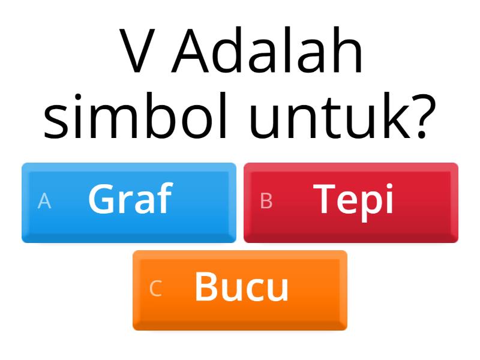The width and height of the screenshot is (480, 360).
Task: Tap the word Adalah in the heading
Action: pyautogui.click(x=268, y=53)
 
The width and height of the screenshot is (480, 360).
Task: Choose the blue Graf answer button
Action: pyautogui.click(x=129, y=203)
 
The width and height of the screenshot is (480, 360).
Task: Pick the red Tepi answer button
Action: pyautogui.click(x=351, y=203)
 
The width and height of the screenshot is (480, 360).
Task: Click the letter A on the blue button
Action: pyautogui.click(x=44, y=202)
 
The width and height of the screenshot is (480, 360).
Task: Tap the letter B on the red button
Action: pyautogui.click(x=266, y=202)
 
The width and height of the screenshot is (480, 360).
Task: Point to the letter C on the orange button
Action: pyautogui.click(x=155, y=289)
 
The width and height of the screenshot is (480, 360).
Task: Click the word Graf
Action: pyautogui.click(x=130, y=199)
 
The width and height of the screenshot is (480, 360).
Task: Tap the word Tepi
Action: pyautogui.click(x=354, y=199)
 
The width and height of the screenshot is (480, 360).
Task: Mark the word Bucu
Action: pyautogui.click(x=241, y=287)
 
